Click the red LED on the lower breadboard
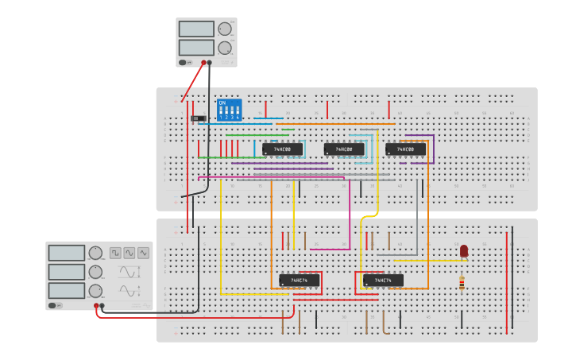pyautogui.click(x=464, y=251)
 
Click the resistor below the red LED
pyautogui.click(x=462, y=282)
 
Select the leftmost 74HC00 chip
pyautogui.click(x=282, y=149)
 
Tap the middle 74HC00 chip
pyautogui.click(x=344, y=149)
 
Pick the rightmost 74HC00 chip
pyautogui.click(x=405, y=149)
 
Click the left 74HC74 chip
pyautogui.click(x=299, y=281)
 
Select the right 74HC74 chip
pyautogui.click(x=383, y=281)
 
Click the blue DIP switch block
pyautogui.click(x=229, y=110)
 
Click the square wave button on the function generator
pyautogui.click(x=115, y=253)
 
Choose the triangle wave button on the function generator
pyautogui.click(x=143, y=253)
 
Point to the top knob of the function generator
pyautogui.click(x=96, y=254)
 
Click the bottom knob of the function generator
pyautogui.click(x=96, y=291)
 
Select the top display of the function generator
pyautogui.click(x=66, y=253)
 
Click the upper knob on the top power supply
pyautogui.click(x=225, y=29)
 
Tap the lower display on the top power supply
pyautogui.click(x=196, y=48)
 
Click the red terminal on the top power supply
pyautogui.click(x=203, y=62)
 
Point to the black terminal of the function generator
pyautogui.click(x=102, y=305)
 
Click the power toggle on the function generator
pyautogui.click(x=55, y=305)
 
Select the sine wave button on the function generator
pyautogui.click(x=130, y=253)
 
